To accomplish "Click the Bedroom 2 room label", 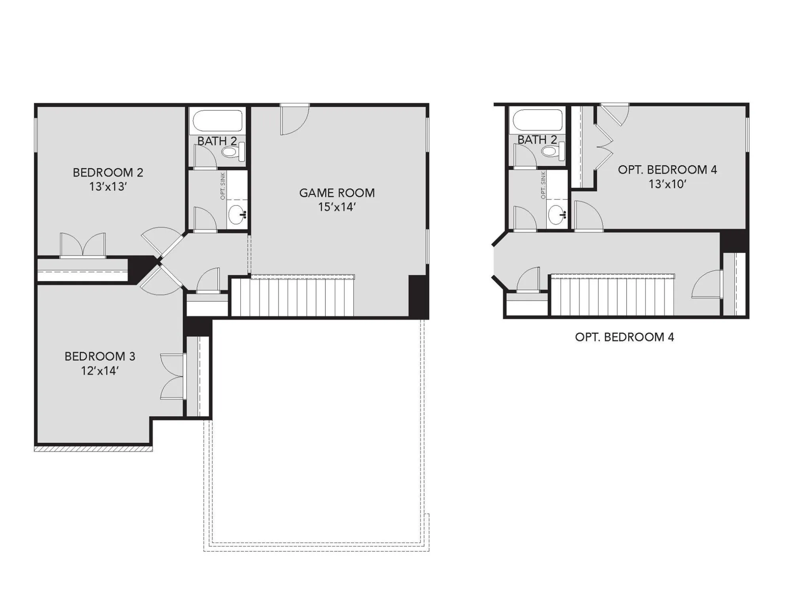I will click(108, 172).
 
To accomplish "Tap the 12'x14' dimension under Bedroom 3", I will click(100, 371).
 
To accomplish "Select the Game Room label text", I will click(336, 193).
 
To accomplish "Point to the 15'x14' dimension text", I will click(336, 207).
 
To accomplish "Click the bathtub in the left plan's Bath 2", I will click(217, 120).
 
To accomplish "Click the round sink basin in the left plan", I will click(237, 214).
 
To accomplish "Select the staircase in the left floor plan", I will click(293, 297).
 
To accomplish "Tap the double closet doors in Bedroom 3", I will click(173, 376).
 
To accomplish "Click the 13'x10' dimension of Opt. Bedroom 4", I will click(667, 184).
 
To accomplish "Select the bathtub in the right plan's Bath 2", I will click(537, 120).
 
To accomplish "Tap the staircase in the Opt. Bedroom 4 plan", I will click(612, 296).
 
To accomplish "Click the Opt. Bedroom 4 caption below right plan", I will click(624, 337).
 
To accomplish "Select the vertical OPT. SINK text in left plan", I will click(223, 186).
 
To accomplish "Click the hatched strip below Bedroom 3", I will click(93, 448).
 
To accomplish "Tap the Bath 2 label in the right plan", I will click(537, 140).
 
